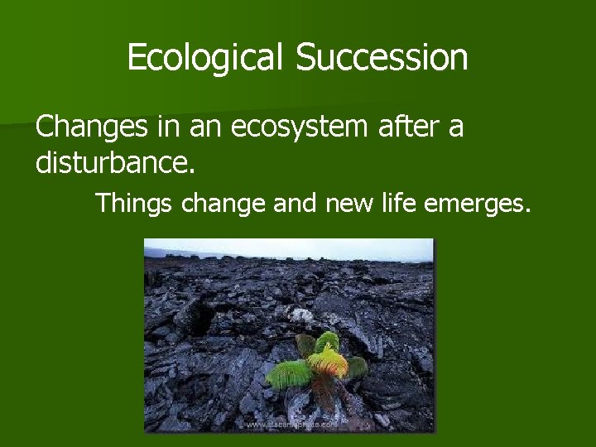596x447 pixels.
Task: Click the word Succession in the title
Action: [382, 58]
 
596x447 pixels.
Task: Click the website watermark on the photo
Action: [290, 424]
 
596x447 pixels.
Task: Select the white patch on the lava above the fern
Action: [301, 314]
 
